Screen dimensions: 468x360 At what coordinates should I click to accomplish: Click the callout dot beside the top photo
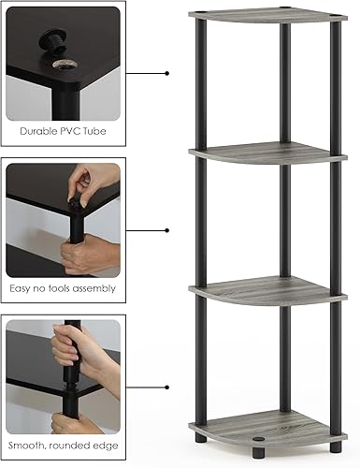(166, 72)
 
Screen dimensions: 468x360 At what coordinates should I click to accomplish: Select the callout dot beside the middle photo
(166, 229)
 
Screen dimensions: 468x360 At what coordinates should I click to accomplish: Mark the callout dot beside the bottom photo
(166, 386)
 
